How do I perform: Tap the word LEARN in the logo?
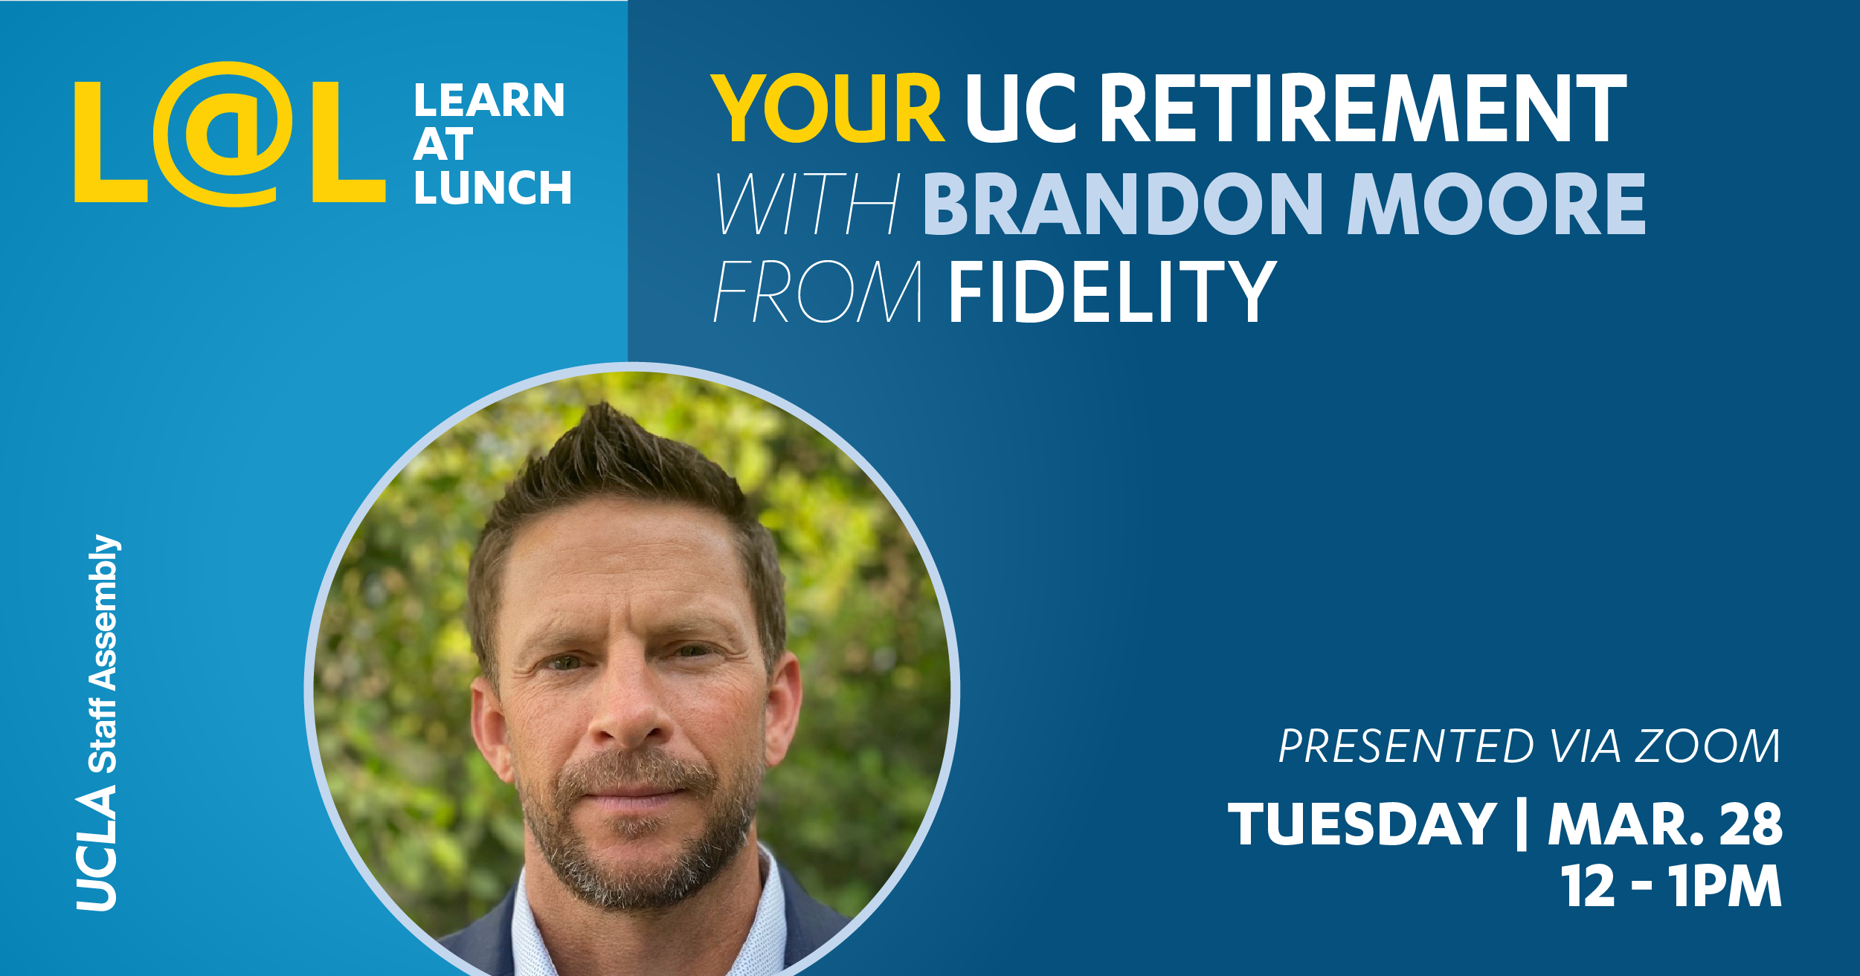(x=489, y=100)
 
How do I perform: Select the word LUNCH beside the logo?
(x=493, y=187)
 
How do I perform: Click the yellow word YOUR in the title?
(x=828, y=109)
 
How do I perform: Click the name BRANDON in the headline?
(x=1123, y=204)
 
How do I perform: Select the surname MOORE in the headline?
(x=1496, y=204)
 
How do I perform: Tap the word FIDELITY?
(x=1113, y=291)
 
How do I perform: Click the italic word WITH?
(x=808, y=204)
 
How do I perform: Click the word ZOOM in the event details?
(x=1708, y=746)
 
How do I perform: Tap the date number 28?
(x=1751, y=824)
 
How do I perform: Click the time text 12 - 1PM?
(x=1671, y=886)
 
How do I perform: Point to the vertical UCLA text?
(x=97, y=849)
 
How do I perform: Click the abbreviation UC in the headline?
(x=1022, y=109)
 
